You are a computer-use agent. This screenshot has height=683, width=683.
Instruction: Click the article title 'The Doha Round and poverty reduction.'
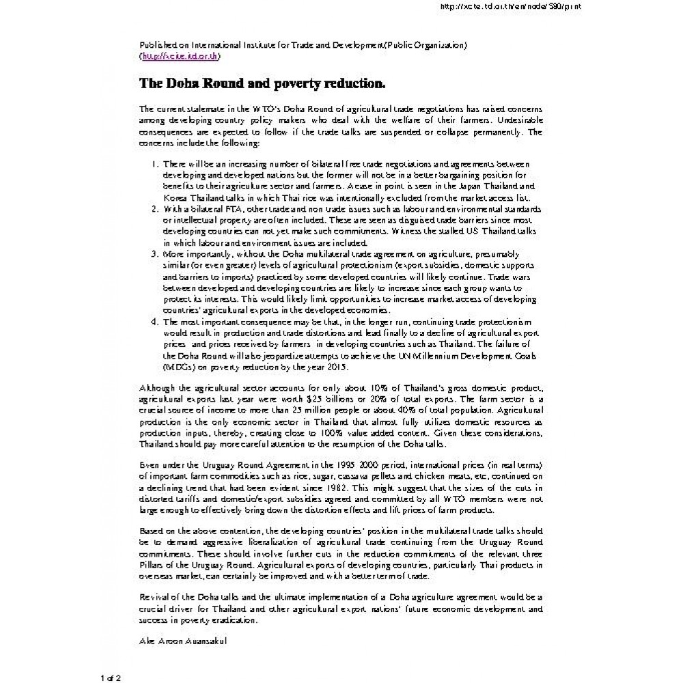(262, 83)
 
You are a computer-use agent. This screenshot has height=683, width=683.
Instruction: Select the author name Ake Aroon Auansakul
(182, 641)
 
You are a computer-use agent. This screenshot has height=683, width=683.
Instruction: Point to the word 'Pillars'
(152, 566)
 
